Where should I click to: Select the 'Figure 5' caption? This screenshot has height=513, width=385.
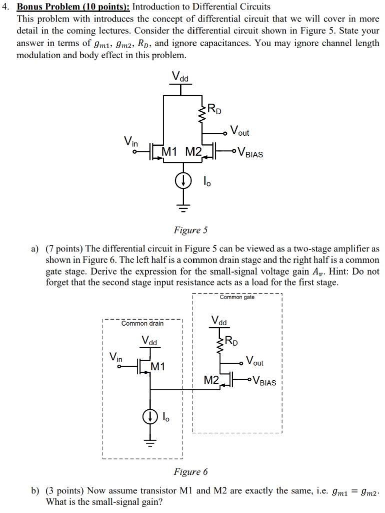pos(190,230)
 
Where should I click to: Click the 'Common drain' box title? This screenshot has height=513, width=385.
pos(142,323)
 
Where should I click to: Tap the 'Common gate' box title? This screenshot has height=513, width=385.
pos(237,297)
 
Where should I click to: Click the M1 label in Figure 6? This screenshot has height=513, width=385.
pos(157,367)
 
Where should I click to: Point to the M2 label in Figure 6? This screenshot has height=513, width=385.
pos(212,380)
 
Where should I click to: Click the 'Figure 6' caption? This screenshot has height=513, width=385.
pos(190,471)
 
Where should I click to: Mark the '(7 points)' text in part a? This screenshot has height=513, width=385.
pos(64,248)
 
